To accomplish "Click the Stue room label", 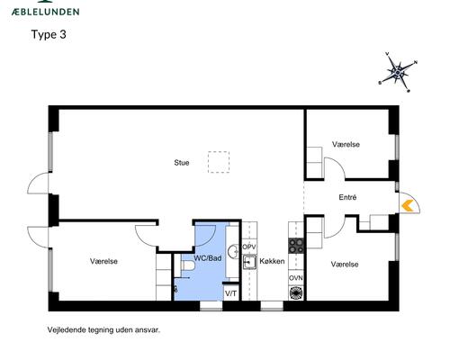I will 182,163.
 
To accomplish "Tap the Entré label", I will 347,196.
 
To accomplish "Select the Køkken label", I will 272,262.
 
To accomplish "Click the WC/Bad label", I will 208,259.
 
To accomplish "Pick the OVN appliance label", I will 295,278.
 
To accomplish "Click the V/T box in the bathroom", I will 230,293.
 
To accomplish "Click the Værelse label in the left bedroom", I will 104,261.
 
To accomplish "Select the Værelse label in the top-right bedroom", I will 346,144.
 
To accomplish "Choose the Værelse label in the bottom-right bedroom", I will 345,264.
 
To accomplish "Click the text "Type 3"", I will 49,35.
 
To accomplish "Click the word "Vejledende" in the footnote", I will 68,329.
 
